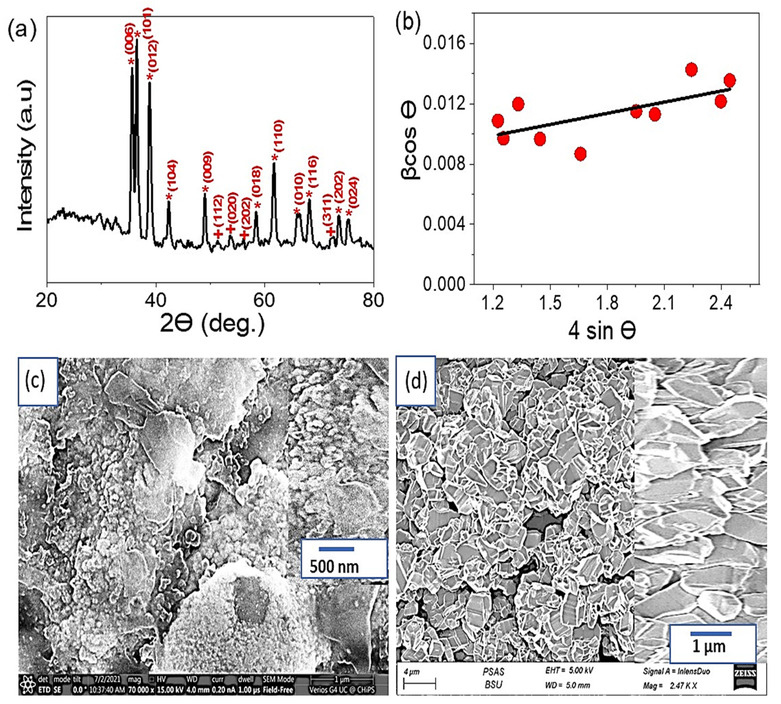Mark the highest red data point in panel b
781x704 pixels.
(x=691, y=70)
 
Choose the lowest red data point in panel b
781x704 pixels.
(x=580, y=153)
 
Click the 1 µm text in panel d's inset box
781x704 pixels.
(x=709, y=646)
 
